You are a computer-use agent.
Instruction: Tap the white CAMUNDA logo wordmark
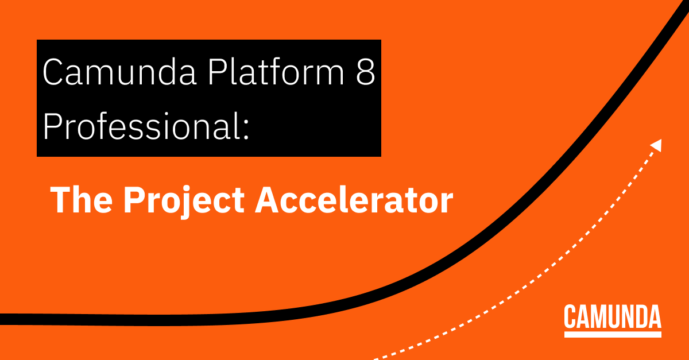[613, 317]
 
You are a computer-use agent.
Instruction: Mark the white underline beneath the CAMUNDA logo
[613, 334]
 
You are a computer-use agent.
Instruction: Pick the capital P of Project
[134, 201]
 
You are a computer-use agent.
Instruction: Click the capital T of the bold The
[60, 201]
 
